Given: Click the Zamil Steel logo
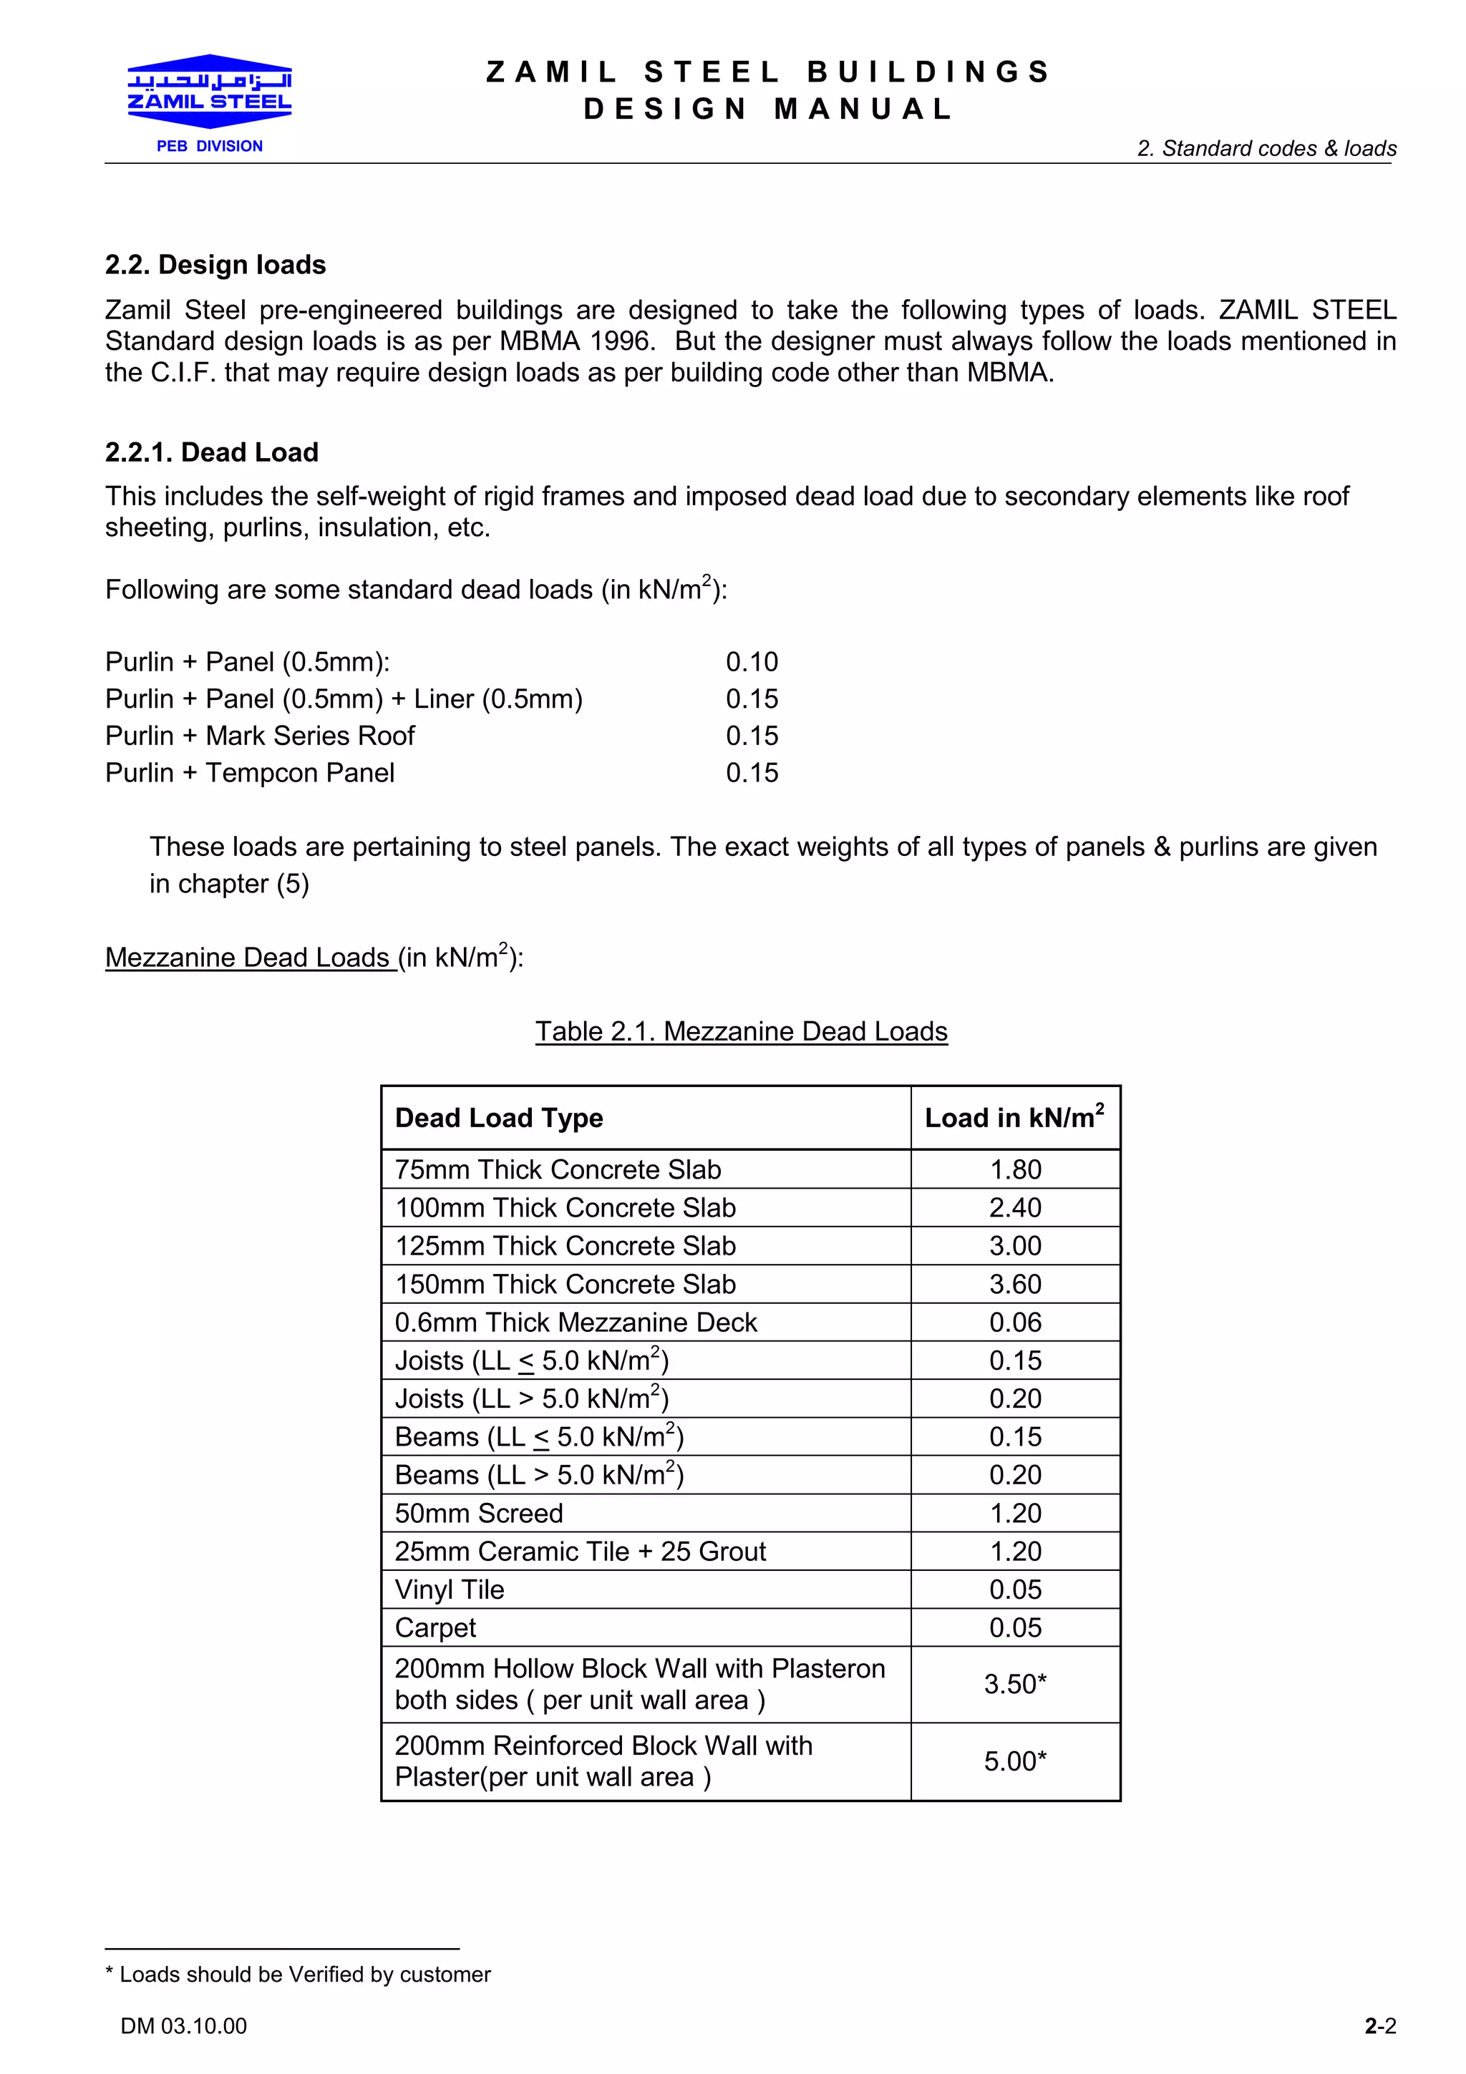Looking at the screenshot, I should click(210, 91).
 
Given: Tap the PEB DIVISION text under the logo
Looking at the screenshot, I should click(210, 146).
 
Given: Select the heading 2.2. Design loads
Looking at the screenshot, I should click(215, 265).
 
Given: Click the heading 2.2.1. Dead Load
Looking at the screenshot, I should click(211, 452).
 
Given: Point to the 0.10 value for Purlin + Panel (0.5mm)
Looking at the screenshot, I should click(752, 662).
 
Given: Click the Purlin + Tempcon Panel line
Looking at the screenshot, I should click(251, 773).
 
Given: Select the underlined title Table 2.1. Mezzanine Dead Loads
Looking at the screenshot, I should click(741, 1031).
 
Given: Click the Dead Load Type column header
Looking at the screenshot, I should click(499, 1119).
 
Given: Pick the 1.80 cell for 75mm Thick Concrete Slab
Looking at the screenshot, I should click(1015, 1170).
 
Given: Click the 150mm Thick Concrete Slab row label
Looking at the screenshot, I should click(565, 1284).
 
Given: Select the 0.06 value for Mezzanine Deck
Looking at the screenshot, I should click(1015, 1323).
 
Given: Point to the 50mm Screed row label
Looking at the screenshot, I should click(479, 1513).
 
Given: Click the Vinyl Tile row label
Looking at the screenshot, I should click(450, 1589).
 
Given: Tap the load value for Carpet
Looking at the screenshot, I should click(1015, 1627).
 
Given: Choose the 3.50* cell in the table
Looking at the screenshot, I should click(1015, 1684).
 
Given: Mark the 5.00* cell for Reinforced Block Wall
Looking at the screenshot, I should click(1015, 1761).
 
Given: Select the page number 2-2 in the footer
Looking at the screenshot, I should click(1380, 2026).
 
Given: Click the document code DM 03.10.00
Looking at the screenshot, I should click(183, 2026).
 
